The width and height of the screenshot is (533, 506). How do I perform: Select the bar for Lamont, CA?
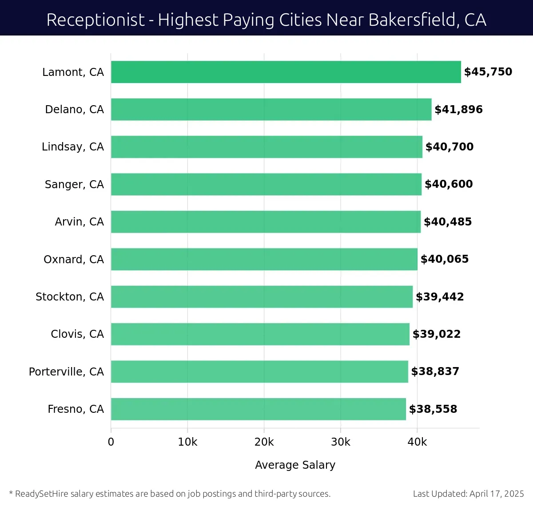(286, 72)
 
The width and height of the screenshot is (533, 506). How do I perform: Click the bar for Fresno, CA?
(258, 409)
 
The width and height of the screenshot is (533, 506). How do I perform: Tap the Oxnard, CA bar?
(264, 259)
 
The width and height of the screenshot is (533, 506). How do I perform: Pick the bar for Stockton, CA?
(262, 296)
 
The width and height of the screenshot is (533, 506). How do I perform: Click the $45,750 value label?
(488, 72)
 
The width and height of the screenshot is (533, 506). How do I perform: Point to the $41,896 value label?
(458, 110)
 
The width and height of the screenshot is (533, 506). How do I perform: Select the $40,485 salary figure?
(448, 222)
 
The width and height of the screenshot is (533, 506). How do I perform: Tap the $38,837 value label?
(435, 372)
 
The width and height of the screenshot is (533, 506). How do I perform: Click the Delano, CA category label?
(74, 110)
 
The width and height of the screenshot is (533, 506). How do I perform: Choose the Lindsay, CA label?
(72, 147)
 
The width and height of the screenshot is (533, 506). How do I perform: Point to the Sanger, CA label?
(74, 184)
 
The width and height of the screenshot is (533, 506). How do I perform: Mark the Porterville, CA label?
(66, 372)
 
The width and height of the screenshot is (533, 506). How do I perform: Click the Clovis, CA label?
(77, 334)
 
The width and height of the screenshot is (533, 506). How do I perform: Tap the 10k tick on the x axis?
(187, 442)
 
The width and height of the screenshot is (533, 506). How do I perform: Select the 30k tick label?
(341, 442)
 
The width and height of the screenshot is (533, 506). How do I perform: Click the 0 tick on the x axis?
(111, 442)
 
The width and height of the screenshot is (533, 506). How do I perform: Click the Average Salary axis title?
(295, 465)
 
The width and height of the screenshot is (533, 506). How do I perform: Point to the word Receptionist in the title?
(95, 20)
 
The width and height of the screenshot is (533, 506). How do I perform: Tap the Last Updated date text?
(468, 494)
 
